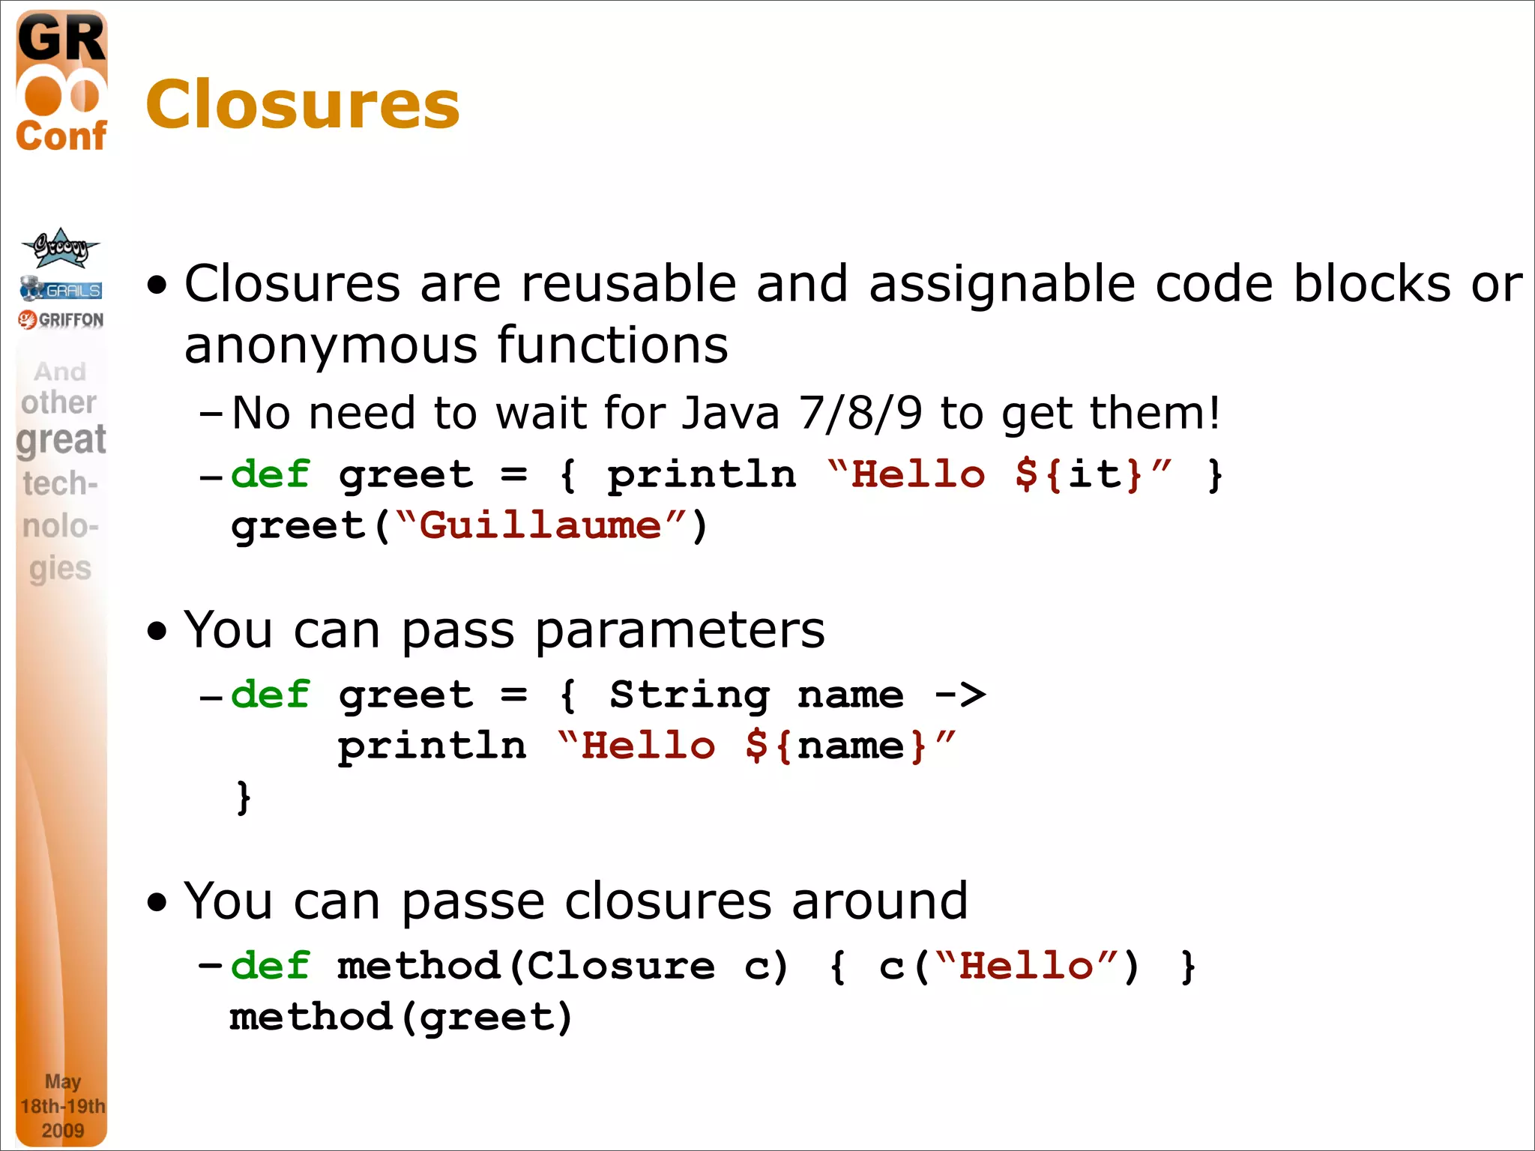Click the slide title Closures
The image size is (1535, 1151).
click(x=303, y=104)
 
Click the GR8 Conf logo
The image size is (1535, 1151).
click(x=61, y=82)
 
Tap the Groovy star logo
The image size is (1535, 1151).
click(x=61, y=248)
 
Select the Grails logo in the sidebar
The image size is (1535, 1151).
click(x=61, y=288)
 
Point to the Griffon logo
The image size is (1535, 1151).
click(x=61, y=320)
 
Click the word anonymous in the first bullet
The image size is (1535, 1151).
click(x=330, y=345)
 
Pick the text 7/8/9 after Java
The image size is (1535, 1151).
click(x=860, y=413)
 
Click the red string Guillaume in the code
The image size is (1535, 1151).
click(x=540, y=525)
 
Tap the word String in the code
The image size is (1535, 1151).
click(x=689, y=695)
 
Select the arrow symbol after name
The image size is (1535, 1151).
click(x=961, y=695)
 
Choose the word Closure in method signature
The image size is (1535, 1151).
click(x=621, y=965)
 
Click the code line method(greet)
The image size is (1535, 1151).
click(x=401, y=1017)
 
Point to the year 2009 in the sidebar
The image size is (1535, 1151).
click(x=62, y=1130)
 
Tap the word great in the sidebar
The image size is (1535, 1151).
click(x=61, y=440)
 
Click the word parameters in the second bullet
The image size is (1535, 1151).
click(x=680, y=630)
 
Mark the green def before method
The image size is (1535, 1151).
click(x=270, y=965)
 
